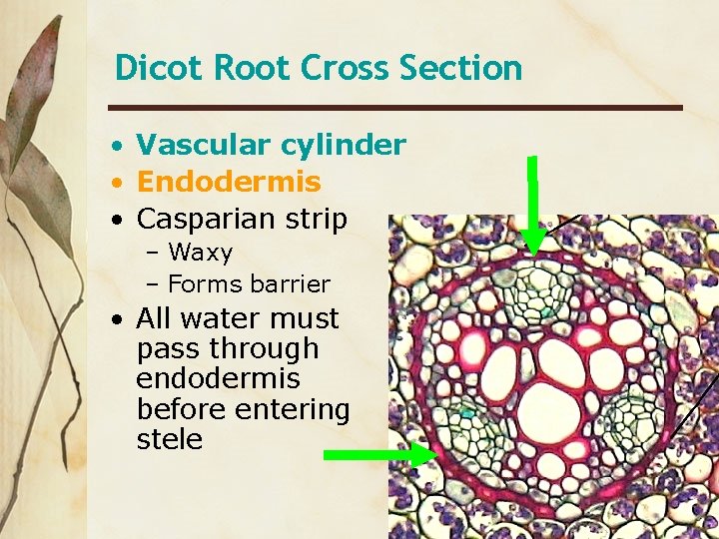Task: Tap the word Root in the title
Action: pos(237,68)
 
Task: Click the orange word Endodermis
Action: pos(229,182)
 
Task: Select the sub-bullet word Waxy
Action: pos(200,253)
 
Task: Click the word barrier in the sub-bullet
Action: pos(291,284)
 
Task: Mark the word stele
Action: pos(169,439)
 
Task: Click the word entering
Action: pos(293,409)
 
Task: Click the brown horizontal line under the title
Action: pos(394,107)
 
